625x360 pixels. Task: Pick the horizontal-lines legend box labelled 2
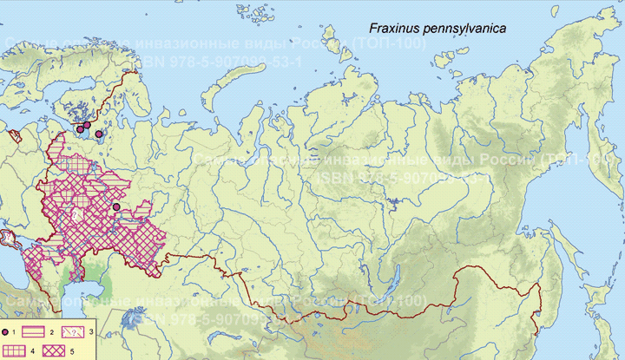59,332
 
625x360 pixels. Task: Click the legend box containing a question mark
104,332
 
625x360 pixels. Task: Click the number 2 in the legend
78,333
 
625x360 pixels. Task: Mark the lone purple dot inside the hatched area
116,206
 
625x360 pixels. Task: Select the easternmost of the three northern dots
99,134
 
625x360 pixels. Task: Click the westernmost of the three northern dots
80,128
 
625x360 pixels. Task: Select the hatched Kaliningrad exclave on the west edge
14,135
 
